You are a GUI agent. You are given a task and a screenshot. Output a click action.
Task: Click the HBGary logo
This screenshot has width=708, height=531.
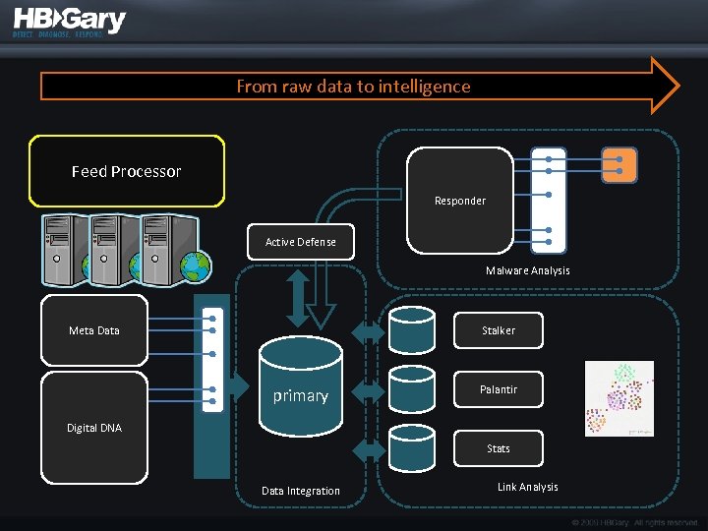[69, 23]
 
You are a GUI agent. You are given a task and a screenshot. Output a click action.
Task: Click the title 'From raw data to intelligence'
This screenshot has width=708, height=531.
[353, 87]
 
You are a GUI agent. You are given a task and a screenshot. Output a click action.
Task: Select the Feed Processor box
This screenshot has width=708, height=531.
[127, 171]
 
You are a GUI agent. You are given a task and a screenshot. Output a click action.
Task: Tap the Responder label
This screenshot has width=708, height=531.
[460, 201]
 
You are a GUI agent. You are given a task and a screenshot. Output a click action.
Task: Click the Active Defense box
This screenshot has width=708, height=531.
[301, 242]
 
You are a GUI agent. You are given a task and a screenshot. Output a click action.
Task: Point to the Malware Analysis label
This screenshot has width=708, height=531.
[527, 270]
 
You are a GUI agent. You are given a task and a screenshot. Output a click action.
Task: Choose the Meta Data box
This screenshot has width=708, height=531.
[94, 330]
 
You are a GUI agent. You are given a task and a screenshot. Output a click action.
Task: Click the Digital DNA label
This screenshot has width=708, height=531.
[94, 428]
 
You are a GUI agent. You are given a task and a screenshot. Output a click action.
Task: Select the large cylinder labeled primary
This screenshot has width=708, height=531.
[301, 387]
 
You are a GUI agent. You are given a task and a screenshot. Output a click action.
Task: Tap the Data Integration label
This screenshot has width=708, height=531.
[301, 491]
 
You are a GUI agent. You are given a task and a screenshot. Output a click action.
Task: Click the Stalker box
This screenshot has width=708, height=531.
[499, 330]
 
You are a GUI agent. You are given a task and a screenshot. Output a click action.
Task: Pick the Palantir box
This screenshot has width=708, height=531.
[499, 389]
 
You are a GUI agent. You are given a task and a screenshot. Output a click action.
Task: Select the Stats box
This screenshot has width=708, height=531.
[499, 448]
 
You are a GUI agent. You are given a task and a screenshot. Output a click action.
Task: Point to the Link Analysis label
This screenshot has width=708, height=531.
[527, 487]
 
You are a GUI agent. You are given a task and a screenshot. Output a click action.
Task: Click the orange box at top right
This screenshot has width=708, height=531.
[619, 165]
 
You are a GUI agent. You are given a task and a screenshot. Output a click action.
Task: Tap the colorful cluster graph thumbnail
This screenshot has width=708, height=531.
[619, 397]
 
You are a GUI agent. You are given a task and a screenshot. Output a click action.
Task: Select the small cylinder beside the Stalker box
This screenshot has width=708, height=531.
[411, 330]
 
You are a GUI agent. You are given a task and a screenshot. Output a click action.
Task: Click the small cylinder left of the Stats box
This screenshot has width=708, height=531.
[411, 447]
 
